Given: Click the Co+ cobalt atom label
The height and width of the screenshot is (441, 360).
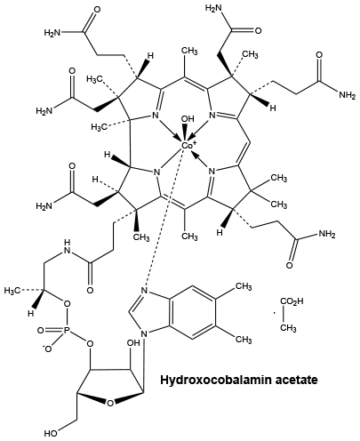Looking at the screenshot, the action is pos(187,145).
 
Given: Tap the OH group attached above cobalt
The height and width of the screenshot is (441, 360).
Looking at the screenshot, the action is pos(187,119).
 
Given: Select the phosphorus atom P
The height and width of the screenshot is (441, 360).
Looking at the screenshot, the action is pos(67,330).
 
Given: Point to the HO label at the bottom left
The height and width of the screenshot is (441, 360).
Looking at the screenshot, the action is pos(51,434).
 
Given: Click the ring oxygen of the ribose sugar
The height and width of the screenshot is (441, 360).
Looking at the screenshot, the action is pos(110,404).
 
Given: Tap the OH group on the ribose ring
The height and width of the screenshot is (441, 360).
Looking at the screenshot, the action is pos(133,343).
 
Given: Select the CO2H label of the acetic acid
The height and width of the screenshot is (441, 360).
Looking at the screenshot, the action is pos(292,302).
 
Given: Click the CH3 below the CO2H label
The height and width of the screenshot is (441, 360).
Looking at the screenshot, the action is pos(288,328).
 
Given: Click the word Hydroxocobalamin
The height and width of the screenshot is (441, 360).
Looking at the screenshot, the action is pos(212,380).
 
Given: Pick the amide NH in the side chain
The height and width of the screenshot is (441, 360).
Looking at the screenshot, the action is pos(67,247).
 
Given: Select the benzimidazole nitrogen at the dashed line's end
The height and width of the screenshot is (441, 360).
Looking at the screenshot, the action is pos(144,291).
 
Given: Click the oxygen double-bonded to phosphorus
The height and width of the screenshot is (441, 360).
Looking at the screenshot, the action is pos(42,330).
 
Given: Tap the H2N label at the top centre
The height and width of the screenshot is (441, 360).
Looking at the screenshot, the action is pos(214,8).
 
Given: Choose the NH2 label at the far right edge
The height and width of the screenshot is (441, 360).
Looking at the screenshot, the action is pos(347,95).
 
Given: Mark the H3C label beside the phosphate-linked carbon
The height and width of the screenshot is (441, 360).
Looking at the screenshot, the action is pos(12,291).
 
